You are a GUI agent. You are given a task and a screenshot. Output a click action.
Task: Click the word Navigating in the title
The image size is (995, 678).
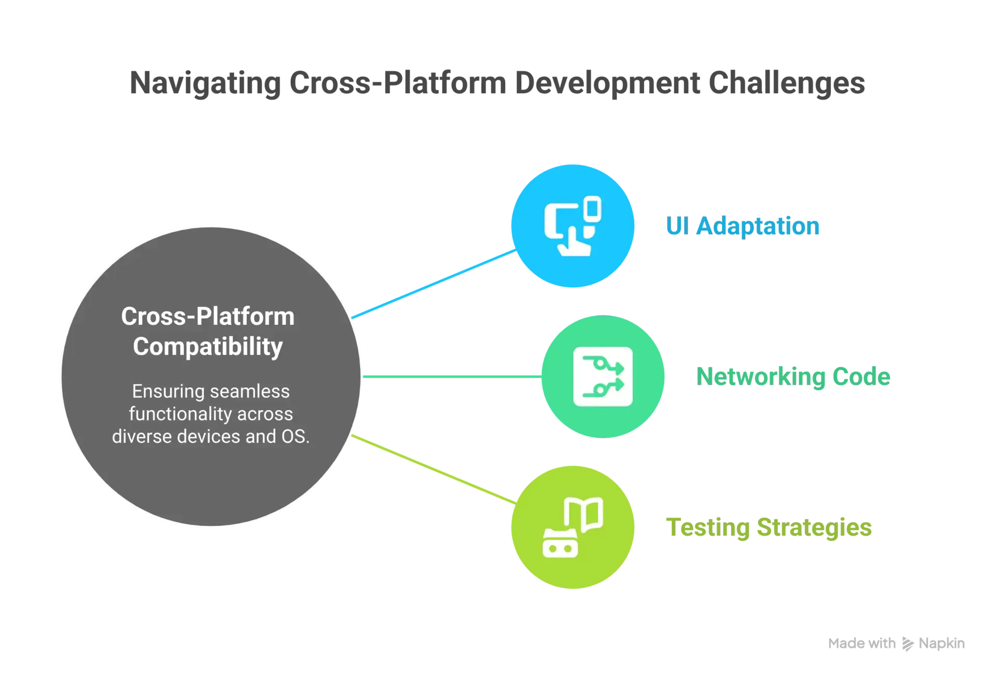pyautogui.click(x=205, y=83)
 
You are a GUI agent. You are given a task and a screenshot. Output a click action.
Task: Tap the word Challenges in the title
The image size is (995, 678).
pyautogui.click(x=787, y=83)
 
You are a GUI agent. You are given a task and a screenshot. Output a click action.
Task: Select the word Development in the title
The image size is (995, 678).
pyautogui.click(x=607, y=83)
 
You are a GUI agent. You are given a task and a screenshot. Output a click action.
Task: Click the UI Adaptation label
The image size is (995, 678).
pyautogui.click(x=743, y=226)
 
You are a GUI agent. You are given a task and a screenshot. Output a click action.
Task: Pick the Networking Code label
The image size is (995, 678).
pyautogui.click(x=793, y=377)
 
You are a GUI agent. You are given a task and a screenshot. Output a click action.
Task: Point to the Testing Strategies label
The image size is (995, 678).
pyautogui.click(x=769, y=527)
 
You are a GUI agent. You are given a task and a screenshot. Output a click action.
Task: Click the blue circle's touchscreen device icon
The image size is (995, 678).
pyautogui.click(x=573, y=226)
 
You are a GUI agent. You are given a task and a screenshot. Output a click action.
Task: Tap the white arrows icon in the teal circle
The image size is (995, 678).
pyautogui.click(x=603, y=377)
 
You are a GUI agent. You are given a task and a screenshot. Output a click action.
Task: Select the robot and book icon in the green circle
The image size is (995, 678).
pyautogui.click(x=573, y=527)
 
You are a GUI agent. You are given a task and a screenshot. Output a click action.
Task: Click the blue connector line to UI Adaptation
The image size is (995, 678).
pyautogui.click(x=434, y=284)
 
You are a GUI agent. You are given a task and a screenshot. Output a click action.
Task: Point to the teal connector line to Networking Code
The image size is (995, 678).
pyautogui.click(x=452, y=377)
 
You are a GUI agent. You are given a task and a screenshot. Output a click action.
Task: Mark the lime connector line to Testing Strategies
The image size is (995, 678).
pyautogui.click(x=434, y=469)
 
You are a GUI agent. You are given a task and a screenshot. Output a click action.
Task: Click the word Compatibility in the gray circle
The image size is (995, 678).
pyautogui.click(x=208, y=347)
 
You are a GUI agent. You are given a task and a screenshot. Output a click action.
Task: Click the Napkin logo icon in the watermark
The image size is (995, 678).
pyautogui.click(x=907, y=644)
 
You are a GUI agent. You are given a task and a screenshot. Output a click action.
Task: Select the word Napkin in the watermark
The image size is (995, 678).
pyautogui.click(x=942, y=644)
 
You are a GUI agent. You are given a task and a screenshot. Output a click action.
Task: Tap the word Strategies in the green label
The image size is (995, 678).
pyautogui.click(x=814, y=528)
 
